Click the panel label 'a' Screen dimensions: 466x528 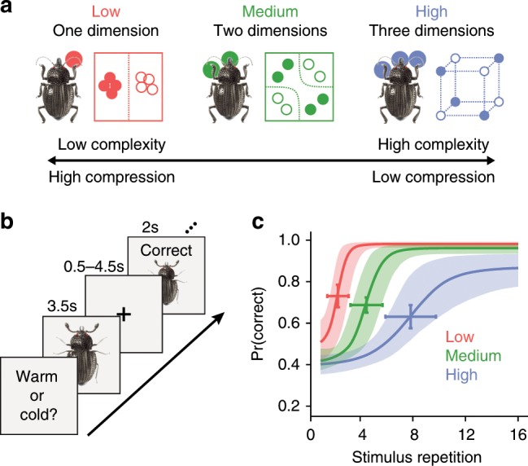click(x=7, y=11)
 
